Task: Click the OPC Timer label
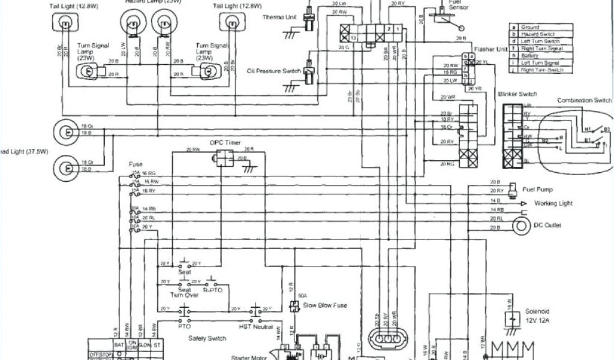224,142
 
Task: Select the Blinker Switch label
517,94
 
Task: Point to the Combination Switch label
585,100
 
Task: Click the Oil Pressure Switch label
274,71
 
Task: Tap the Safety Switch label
207,339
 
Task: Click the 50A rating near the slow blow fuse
302,296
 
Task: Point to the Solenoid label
537,311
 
